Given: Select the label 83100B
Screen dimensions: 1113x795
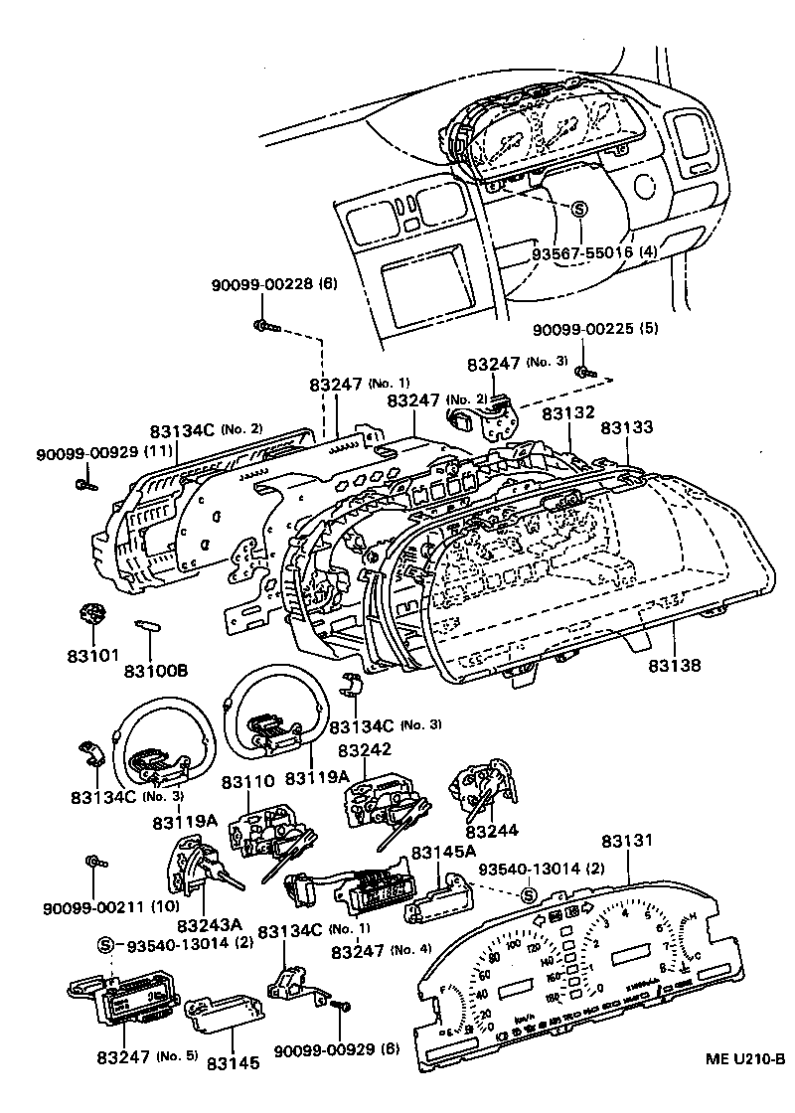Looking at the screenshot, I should pos(155,672).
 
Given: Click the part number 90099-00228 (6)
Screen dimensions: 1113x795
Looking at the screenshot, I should pos(274,283).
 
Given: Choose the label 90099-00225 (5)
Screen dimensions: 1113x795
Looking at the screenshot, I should pos(595,329).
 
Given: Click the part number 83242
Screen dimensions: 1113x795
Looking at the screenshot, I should pos(365,750).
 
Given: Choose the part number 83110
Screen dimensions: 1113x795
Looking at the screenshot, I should pos(246,782).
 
